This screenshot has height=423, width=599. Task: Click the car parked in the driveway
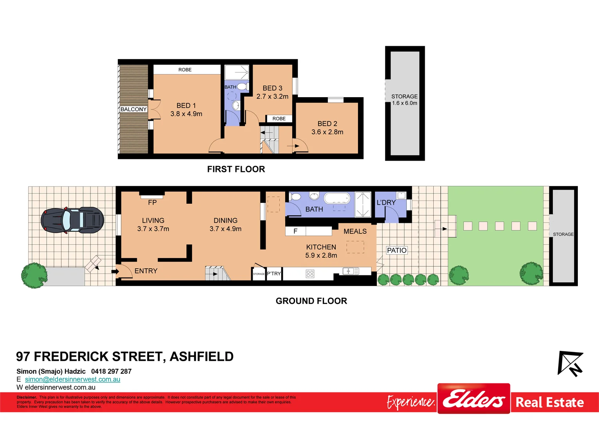tap(72, 220)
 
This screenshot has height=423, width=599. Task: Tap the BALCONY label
tap(134, 109)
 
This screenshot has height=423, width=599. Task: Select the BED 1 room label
tap(186, 106)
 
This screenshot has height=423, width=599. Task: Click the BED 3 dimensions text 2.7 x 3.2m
tap(272, 96)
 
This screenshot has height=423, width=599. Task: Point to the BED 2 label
tap(327, 124)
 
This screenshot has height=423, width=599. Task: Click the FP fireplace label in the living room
tap(152, 202)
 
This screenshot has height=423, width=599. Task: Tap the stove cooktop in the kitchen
tap(310, 274)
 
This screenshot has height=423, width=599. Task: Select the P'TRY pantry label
tap(274, 274)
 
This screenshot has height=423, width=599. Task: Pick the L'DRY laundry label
tap(386, 202)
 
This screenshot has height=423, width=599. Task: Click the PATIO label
tap(396, 250)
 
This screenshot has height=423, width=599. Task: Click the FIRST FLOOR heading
tap(236, 169)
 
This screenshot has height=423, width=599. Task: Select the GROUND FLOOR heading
tap(311, 301)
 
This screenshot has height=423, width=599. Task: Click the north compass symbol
tap(570, 363)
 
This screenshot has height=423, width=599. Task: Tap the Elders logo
tap(474, 399)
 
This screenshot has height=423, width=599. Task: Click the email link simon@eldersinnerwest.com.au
tap(72, 379)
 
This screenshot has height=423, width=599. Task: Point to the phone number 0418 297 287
tap(111, 371)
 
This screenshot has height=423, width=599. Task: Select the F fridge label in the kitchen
tap(295, 231)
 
